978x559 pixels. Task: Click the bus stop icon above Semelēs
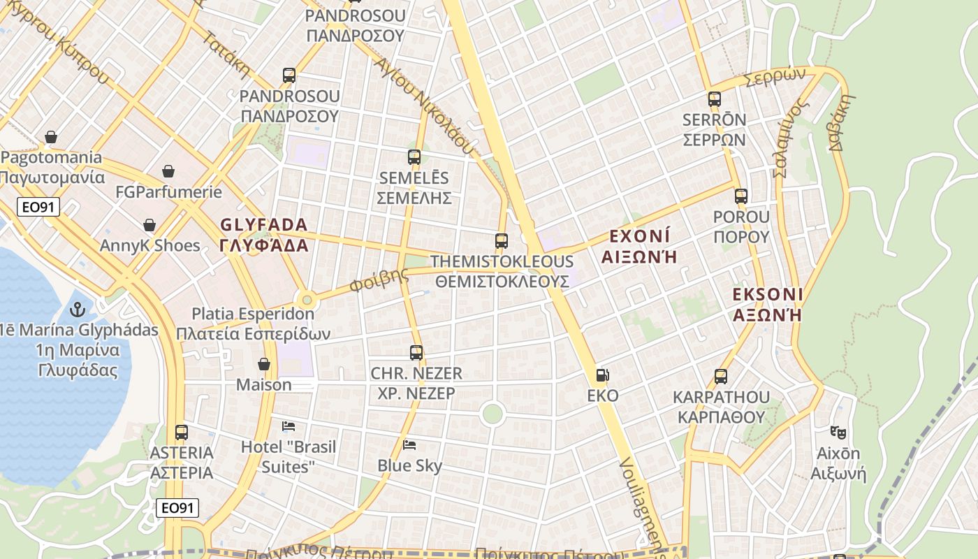pos(414,157)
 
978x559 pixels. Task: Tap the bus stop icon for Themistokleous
pos(502,241)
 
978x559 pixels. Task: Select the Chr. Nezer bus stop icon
pos(416,353)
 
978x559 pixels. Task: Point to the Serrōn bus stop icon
pos(714,99)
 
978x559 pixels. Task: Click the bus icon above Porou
pos(741,196)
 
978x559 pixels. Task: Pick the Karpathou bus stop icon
pos(721,377)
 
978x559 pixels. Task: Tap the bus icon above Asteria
pos(182,433)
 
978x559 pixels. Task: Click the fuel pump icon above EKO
pos(602,375)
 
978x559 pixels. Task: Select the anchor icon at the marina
pos(77,309)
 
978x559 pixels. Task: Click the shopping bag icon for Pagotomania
pos(50,137)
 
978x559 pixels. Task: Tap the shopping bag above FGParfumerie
pos(168,171)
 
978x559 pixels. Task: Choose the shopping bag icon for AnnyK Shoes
pos(149,225)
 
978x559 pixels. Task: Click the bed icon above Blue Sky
pos(409,444)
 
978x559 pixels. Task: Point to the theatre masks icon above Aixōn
pos(838,433)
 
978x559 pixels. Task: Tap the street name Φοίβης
pos(379,279)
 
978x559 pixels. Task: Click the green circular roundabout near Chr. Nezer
pos(492,414)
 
